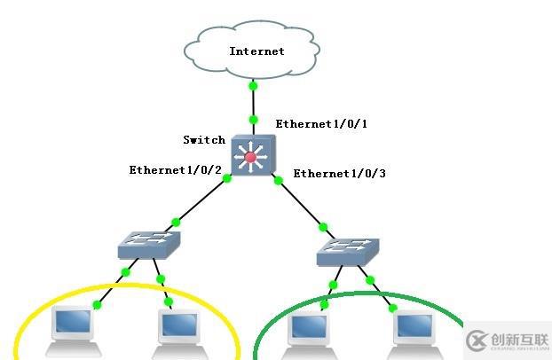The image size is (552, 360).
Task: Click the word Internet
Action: [256, 51]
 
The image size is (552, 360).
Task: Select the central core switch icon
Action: [252, 156]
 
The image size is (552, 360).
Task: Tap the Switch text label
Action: [204, 140]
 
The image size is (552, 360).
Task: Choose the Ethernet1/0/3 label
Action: [340, 173]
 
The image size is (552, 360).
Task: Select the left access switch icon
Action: [149, 244]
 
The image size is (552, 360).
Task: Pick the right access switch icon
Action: [348, 253]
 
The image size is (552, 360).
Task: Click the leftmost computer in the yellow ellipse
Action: [73, 326]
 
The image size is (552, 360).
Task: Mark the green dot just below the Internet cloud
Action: [254, 87]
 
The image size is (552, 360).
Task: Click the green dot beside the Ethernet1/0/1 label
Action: [254, 119]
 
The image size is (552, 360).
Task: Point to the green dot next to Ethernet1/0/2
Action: [227, 178]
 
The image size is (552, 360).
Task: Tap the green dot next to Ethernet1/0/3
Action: [278, 181]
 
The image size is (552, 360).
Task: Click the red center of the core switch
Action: [251, 157]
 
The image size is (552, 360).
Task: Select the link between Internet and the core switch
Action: [254, 103]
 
